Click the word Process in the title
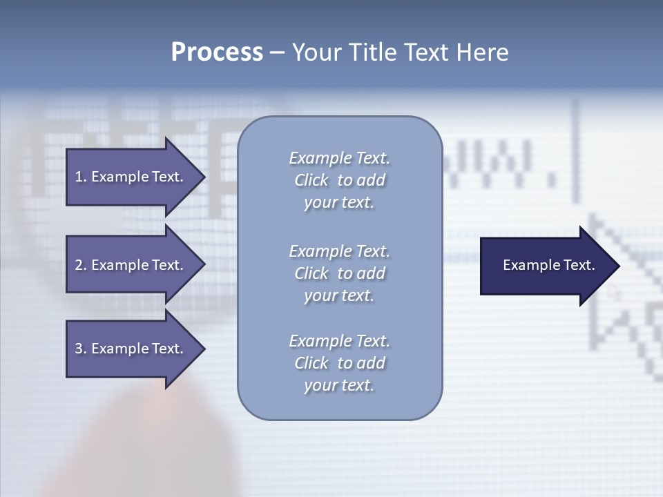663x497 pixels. click(217, 52)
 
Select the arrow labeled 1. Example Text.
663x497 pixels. click(131, 177)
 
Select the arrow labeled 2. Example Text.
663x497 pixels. click(131, 265)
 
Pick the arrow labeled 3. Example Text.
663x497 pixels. click(131, 349)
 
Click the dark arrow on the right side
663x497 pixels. click(546, 266)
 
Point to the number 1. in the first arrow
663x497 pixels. click(81, 177)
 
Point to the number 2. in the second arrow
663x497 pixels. click(81, 265)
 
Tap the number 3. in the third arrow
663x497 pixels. click(81, 349)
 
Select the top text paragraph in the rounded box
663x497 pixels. click(339, 180)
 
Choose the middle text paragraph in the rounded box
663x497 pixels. click(339, 273)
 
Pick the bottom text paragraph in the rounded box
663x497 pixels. click(339, 362)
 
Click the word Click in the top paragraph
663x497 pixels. click(311, 180)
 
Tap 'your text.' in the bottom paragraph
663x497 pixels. click(339, 385)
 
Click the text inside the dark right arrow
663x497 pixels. click(548, 265)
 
